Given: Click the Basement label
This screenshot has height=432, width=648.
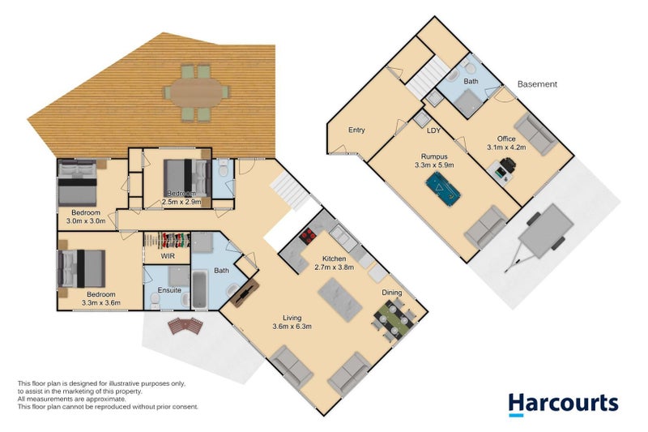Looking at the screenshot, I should (x=537, y=84).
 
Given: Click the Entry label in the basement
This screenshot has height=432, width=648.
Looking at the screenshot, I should (x=356, y=130).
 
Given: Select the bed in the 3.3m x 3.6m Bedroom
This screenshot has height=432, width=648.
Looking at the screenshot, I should (x=83, y=267).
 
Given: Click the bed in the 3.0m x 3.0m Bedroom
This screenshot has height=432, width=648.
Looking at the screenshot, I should (x=77, y=182).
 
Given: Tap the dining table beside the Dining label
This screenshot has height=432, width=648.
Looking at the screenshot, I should (x=390, y=319).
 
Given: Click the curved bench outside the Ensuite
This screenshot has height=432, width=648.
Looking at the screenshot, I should (x=186, y=326).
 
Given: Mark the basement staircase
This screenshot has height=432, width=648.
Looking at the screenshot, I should (x=423, y=79).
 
